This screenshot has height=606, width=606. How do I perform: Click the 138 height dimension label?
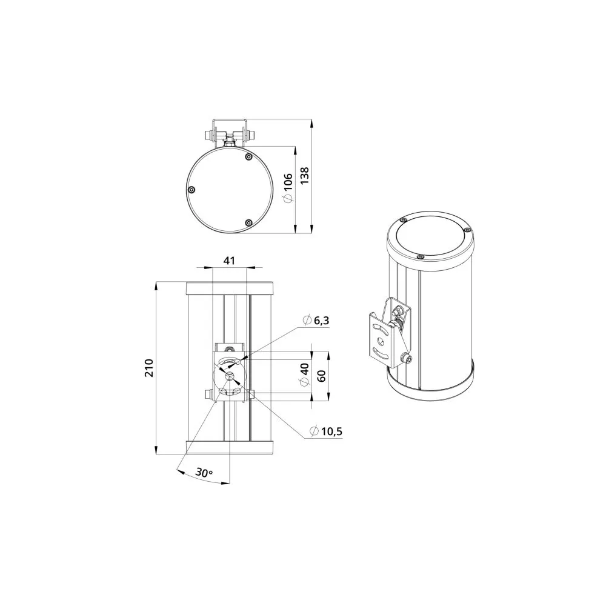tap(305, 176)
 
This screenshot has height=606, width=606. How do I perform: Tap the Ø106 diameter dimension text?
tap(288, 187)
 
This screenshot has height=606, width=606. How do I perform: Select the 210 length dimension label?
tap(149, 368)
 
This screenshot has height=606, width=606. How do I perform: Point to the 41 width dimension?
tap(229, 261)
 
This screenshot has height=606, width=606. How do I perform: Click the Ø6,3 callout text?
tap(316, 321)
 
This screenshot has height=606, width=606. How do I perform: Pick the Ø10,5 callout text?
tap(326, 431)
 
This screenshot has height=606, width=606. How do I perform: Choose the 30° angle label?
tap(204, 472)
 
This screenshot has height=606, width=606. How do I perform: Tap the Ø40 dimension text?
tap(305, 374)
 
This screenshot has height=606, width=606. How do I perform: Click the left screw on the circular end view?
tap(191, 190)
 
